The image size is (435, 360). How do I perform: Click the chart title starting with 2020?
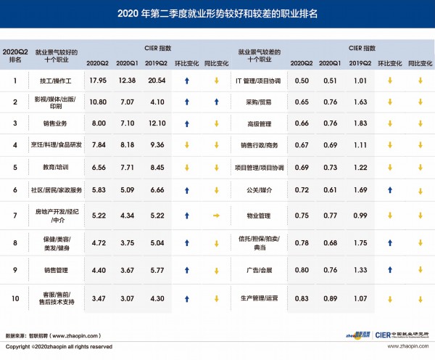tap(217, 14)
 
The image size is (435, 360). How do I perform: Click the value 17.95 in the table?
tap(97, 80)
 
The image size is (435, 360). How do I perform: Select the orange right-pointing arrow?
tap(215, 216)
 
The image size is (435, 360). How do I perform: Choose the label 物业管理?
tap(258, 216)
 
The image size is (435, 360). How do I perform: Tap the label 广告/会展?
tap(258, 270)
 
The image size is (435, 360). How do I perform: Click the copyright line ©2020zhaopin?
tap(58, 347)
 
